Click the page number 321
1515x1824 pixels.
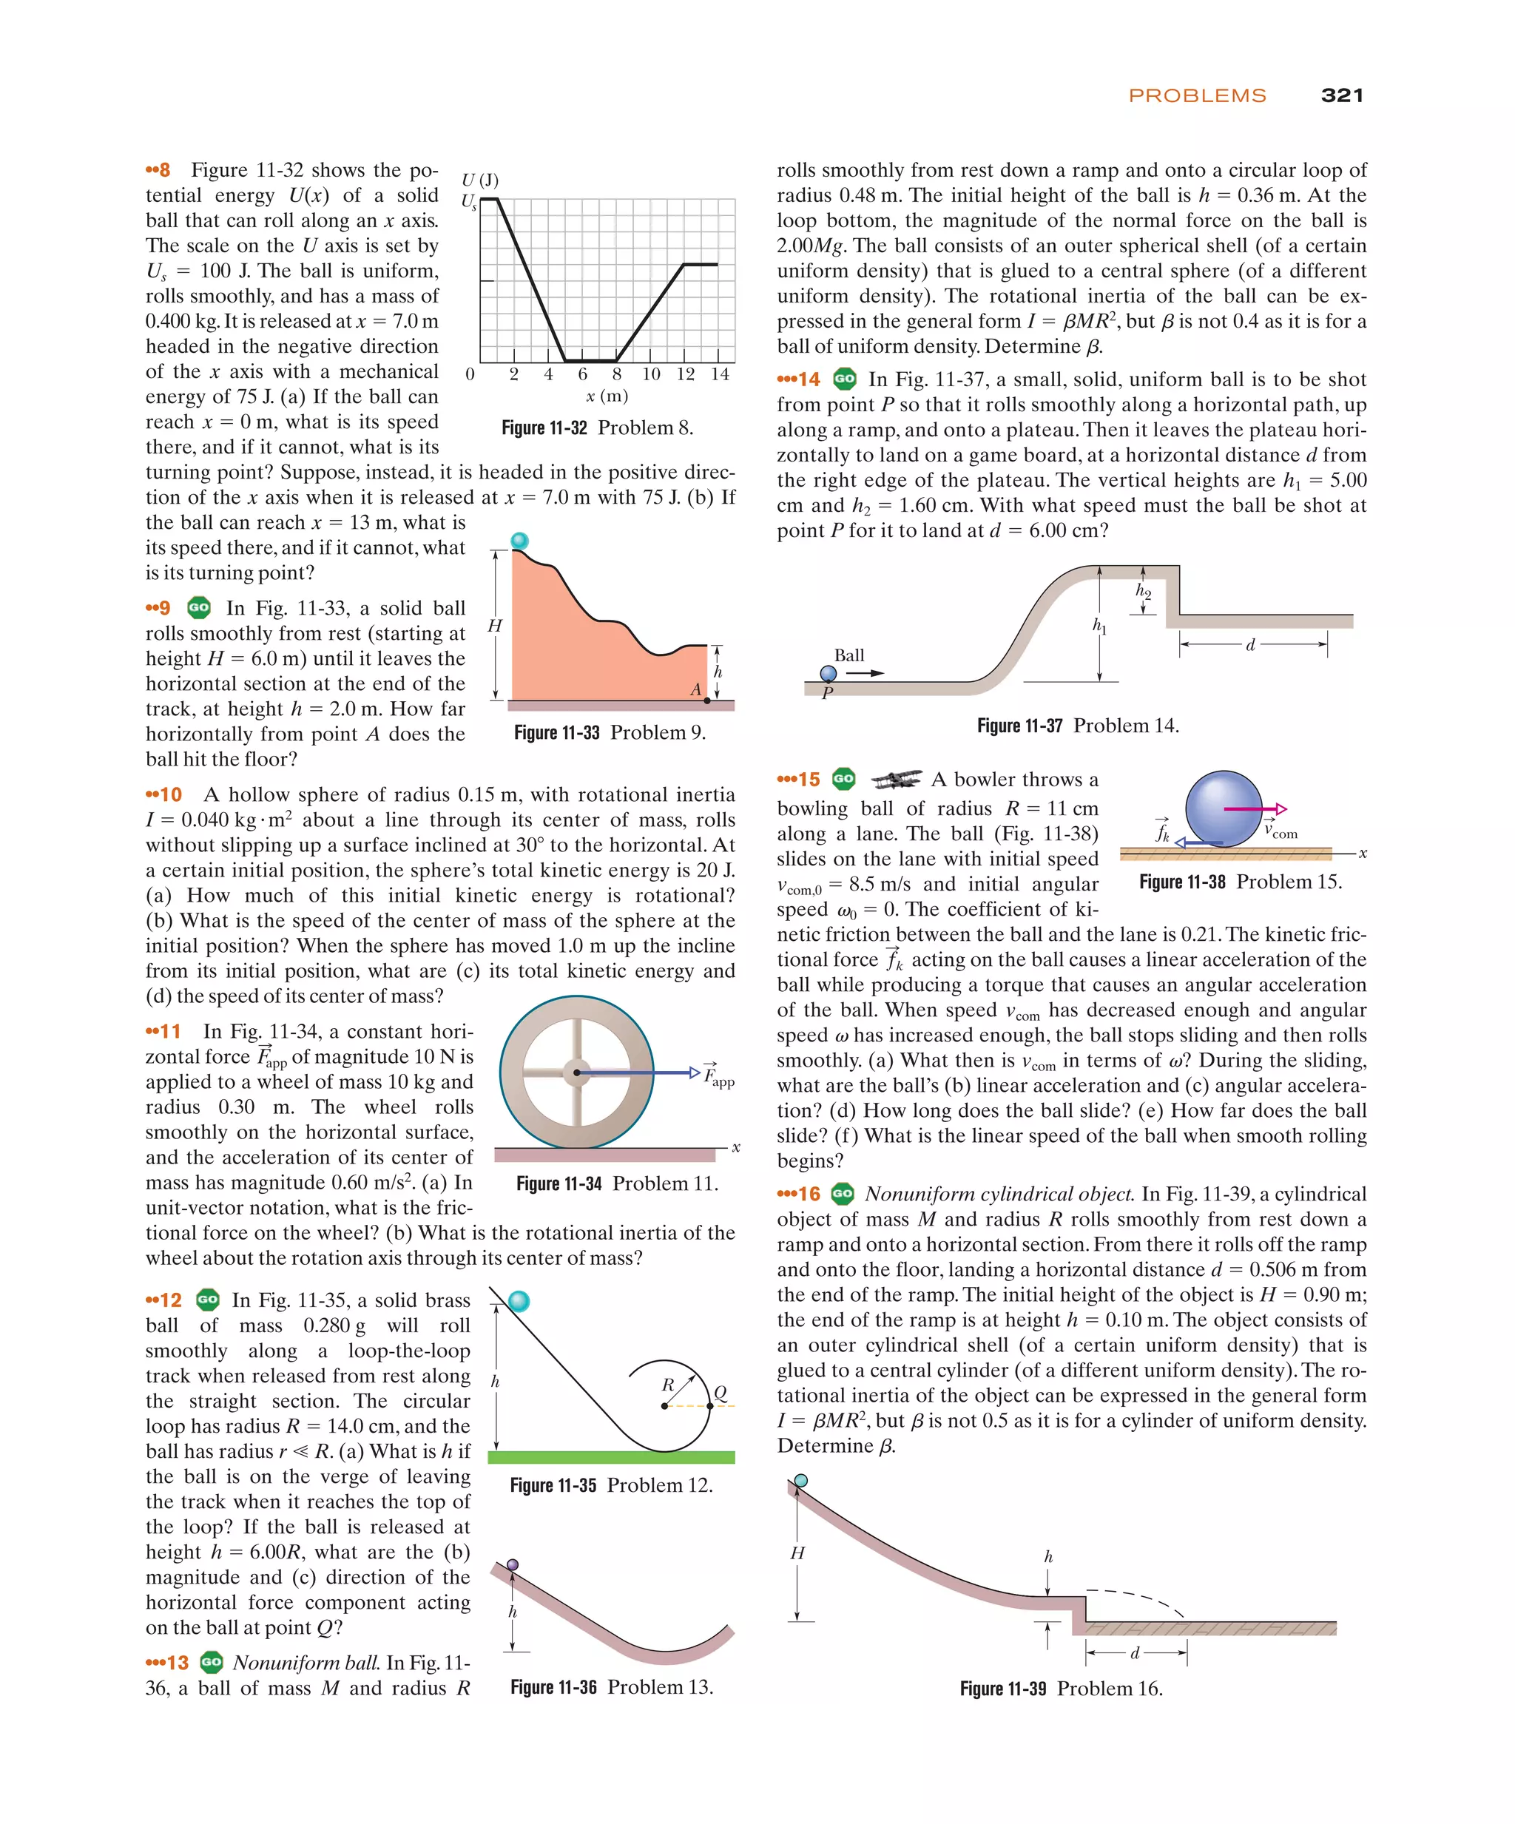1341,95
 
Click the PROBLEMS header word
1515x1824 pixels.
1196,95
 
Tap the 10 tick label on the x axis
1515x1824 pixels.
651,374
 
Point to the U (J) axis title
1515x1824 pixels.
479,180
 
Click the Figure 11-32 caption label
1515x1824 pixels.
544,428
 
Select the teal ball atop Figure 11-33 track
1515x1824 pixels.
519,541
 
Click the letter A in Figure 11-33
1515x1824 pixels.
695,689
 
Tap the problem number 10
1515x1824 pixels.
170,794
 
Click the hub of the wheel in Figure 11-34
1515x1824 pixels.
576,1072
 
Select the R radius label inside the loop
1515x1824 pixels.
667,1385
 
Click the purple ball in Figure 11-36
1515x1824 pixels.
513,1564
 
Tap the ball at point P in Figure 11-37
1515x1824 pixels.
828,673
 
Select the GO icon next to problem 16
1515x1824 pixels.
842,1193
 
